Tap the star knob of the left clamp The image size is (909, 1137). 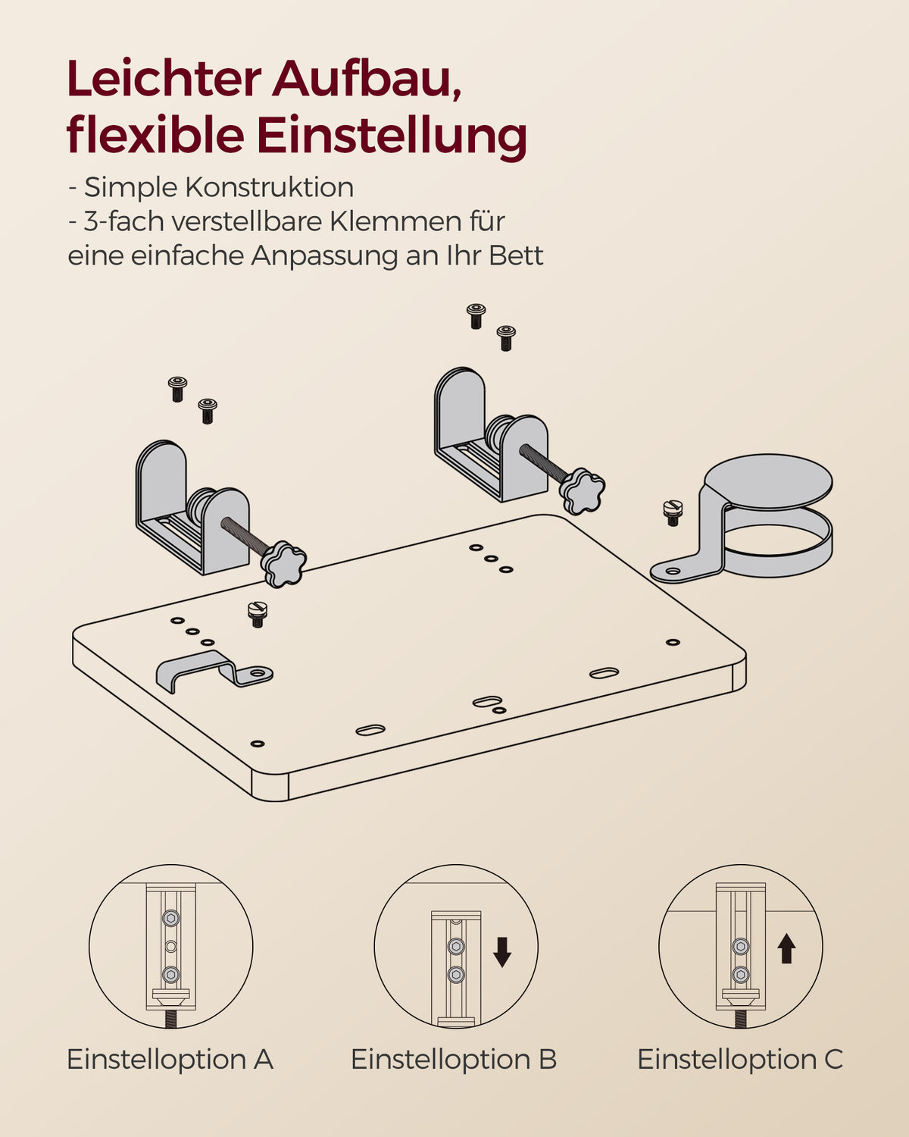click(284, 563)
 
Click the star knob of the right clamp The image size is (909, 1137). click(583, 490)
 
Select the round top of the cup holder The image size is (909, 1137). click(768, 481)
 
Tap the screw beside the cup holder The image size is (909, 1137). click(673, 512)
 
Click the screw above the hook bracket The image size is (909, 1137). click(258, 615)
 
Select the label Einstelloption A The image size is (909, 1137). click(170, 1059)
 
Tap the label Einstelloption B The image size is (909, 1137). click(454, 1059)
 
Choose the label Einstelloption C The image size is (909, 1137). click(740, 1059)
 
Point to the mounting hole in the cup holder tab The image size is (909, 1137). click(673, 571)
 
